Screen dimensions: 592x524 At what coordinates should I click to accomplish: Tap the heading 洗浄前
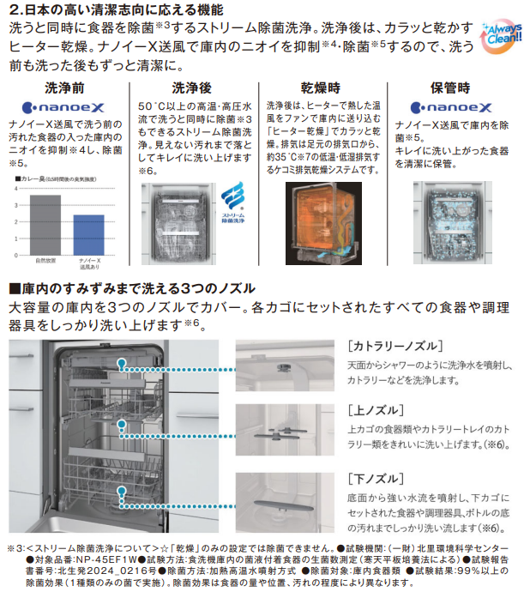point(64,88)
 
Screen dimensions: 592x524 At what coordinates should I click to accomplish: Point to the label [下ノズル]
point(376,477)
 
